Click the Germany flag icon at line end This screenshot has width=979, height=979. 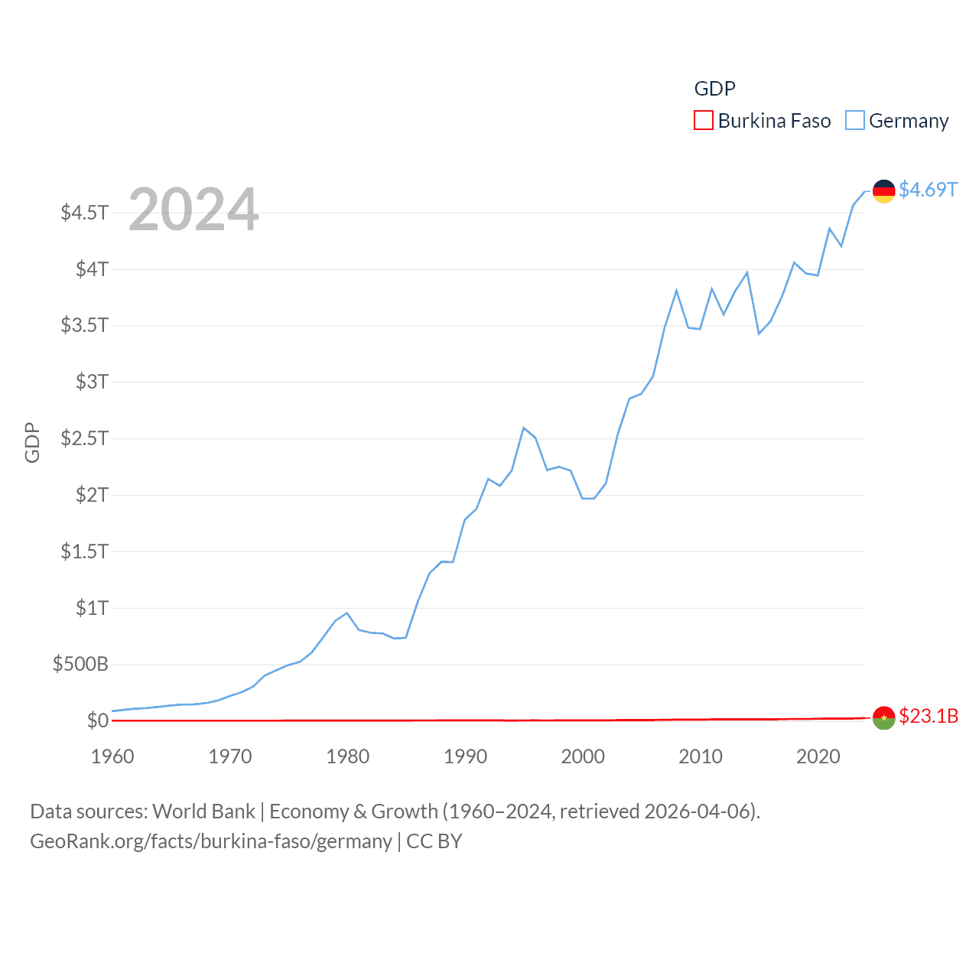(883, 191)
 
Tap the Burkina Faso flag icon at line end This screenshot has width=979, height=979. (883, 717)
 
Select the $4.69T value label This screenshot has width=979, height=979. (928, 190)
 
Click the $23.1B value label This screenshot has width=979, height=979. (929, 716)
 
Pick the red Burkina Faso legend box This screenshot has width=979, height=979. (703, 121)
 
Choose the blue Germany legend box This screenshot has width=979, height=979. (854, 121)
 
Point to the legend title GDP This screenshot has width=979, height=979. (714, 89)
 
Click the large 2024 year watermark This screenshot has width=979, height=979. (194, 210)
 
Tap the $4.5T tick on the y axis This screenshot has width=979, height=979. (85, 212)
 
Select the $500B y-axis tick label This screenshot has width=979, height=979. (80, 664)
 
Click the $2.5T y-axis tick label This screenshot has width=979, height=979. (85, 438)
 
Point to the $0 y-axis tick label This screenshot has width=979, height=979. (97, 720)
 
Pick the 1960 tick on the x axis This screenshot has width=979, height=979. (112, 756)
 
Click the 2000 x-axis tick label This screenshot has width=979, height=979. (583, 756)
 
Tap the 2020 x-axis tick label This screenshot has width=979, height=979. (818, 756)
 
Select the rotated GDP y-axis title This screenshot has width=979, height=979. (32, 442)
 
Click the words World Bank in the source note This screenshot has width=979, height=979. (203, 811)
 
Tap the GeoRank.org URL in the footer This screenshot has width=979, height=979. (210, 841)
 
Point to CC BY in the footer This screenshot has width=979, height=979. (434, 841)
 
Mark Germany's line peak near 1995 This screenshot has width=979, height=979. (524, 428)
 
